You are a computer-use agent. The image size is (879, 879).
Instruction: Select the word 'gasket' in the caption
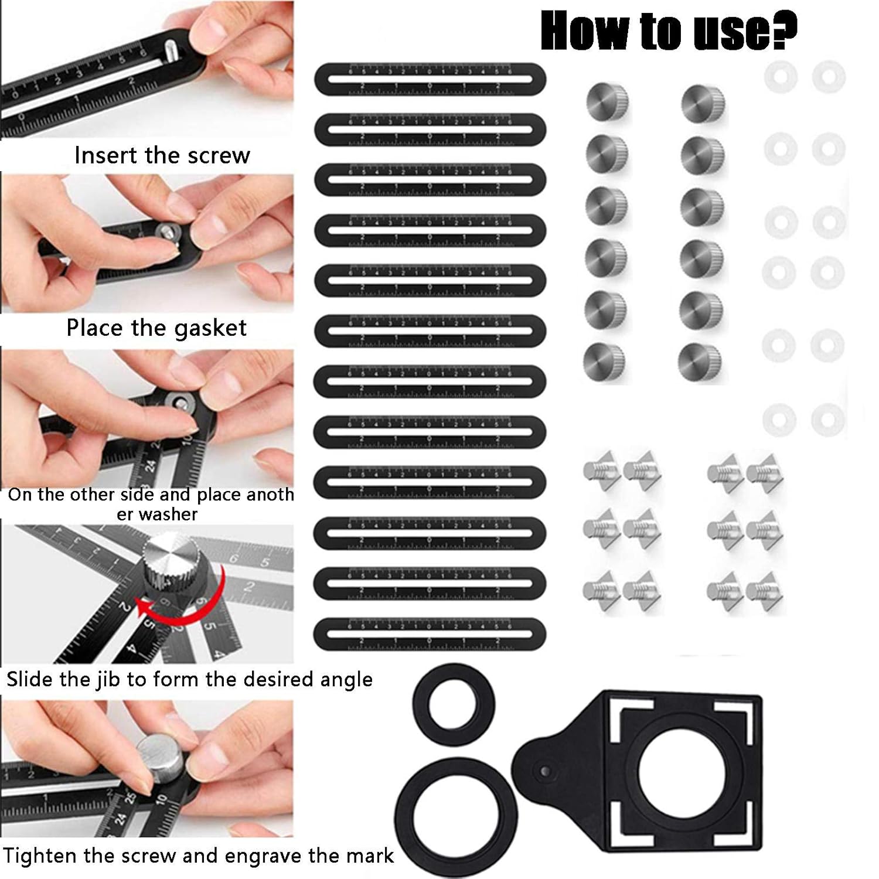pyautogui.click(x=210, y=328)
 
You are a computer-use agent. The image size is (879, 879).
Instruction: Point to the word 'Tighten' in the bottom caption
pyautogui.click(x=40, y=856)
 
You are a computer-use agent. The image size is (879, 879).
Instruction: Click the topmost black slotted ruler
pyautogui.click(x=430, y=79)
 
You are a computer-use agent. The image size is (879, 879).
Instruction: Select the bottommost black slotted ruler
pyautogui.click(x=430, y=635)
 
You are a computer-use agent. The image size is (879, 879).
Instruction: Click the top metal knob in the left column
pyautogui.click(x=608, y=101)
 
